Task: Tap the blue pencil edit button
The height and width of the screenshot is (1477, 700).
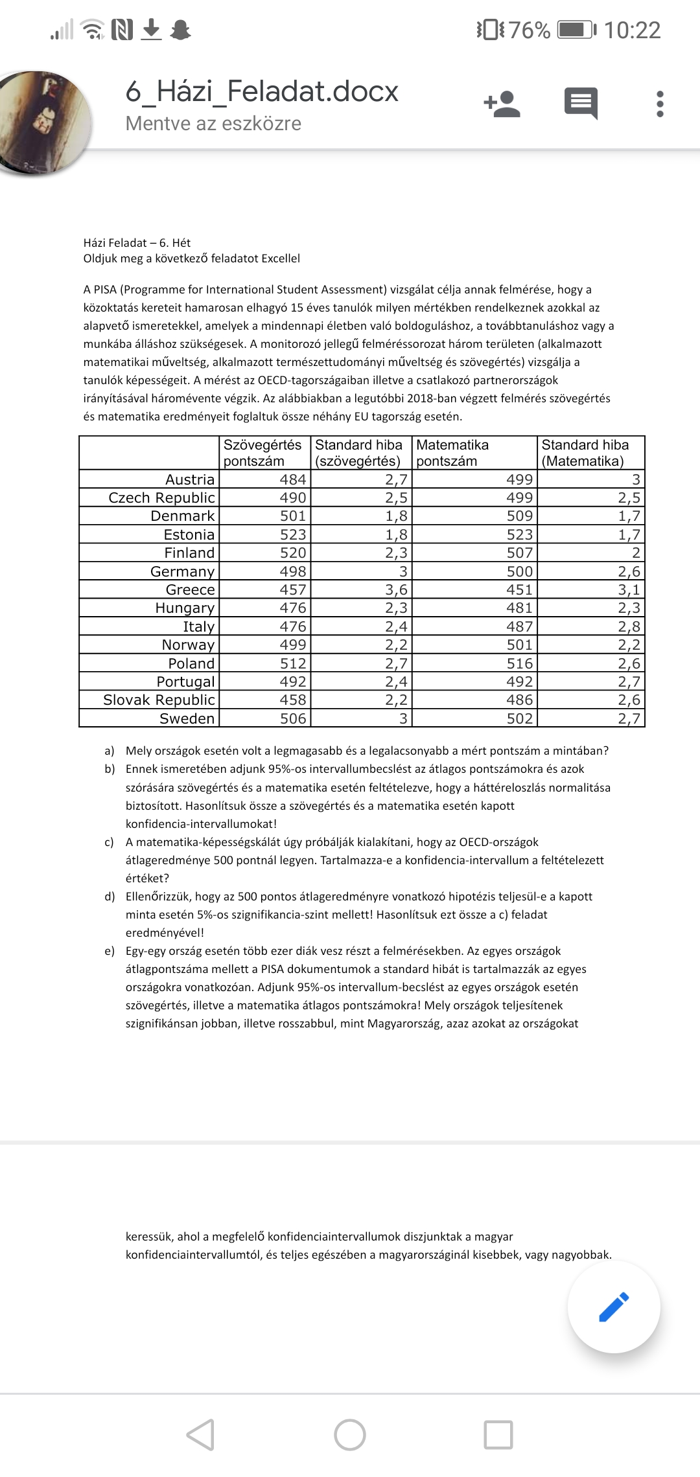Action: tap(614, 1307)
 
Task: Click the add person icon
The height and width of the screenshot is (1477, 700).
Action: tap(502, 104)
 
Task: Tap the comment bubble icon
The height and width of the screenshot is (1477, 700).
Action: tap(581, 104)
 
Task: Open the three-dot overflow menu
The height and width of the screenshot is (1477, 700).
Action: tap(660, 104)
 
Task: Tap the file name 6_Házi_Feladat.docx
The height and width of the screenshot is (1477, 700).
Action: tap(262, 91)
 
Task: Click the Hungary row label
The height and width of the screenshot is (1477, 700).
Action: tap(185, 608)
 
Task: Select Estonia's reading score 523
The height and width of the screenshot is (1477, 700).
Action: tap(292, 534)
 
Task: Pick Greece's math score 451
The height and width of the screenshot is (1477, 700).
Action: tap(519, 590)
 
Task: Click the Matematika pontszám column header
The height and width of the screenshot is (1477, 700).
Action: tap(452, 453)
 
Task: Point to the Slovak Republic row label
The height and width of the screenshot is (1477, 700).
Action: tap(159, 700)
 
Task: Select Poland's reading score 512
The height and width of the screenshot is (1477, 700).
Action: tap(292, 663)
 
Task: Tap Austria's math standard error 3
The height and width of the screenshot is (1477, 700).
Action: tap(636, 479)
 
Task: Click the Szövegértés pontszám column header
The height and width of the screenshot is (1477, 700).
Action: tap(262, 453)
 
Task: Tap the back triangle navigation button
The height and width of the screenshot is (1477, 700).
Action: tap(200, 1435)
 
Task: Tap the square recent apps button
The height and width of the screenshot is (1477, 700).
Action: tap(498, 1435)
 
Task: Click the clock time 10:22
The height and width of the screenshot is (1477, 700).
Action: tap(632, 30)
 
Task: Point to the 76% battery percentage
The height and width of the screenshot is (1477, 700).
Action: tap(529, 30)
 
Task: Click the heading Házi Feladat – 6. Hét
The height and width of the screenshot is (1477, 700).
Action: tap(137, 243)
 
